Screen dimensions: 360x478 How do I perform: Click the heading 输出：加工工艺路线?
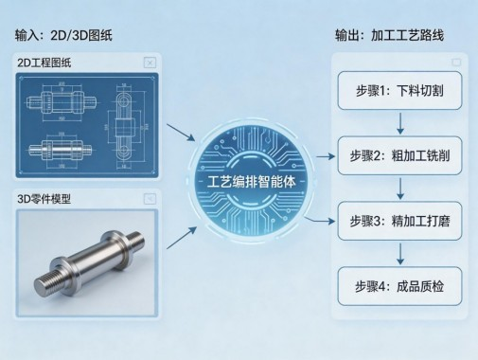[x=388, y=35]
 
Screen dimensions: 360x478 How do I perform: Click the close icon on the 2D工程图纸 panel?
[x=149, y=63]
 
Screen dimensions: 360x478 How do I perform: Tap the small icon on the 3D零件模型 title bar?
[x=149, y=199]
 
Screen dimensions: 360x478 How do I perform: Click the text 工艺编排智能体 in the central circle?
[x=245, y=180]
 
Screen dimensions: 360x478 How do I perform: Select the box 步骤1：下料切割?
[x=402, y=94]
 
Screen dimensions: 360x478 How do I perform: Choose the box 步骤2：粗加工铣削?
[x=402, y=155]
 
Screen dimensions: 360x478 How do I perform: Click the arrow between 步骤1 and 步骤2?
[x=402, y=124]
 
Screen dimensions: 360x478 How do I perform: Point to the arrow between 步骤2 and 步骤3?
[x=402, y=187]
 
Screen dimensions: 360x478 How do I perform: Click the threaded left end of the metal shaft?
[x=46, y=281]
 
